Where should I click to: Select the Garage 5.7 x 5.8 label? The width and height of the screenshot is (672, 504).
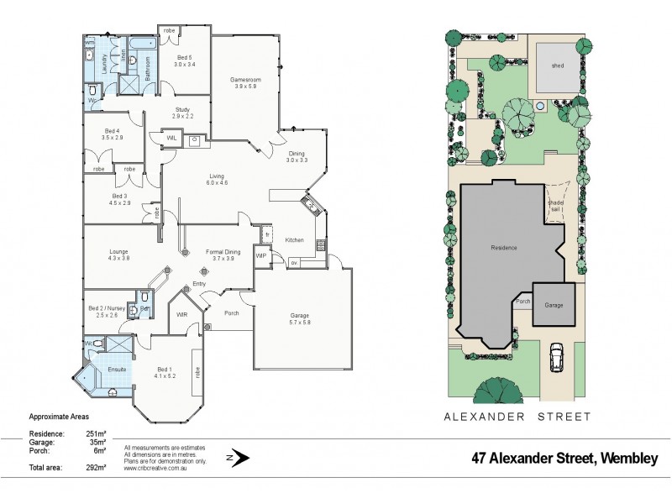[x=300, y=319]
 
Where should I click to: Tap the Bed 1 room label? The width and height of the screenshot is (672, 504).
[x=164, y=373]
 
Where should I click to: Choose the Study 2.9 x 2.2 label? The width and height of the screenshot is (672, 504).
[x=182, y=113]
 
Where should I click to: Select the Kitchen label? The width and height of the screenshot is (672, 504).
[x=293, y=240]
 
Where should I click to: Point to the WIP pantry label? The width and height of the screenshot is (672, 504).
[x=260, y=255]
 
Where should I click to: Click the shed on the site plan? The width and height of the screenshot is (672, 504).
[x=557, y=66]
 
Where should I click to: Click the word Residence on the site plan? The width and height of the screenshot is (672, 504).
[x=504, y=248]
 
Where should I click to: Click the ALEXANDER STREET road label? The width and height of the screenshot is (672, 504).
[x=517, y=417]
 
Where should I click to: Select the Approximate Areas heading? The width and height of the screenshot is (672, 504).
[x=59, y=417]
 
